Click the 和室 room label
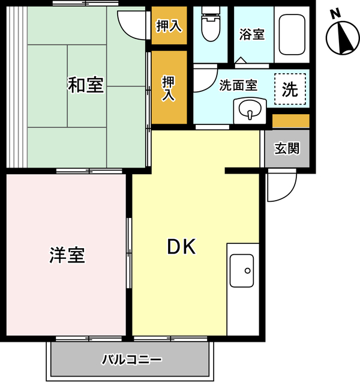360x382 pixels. pyautogui.click(x=86, y=85)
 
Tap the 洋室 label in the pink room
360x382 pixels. pyautogui.click(x=67, y=255)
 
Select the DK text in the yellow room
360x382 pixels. pyautogui.click(x=181, y=247)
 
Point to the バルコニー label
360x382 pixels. pyautogui.click(x=131, y=359)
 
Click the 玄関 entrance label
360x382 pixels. pyautogui.click(x=287, y=148)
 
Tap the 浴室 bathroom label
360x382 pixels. pyautogui.click(x=252, y=34)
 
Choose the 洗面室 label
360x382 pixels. pyautogui.click(x=238, y=85)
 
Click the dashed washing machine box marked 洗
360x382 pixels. pyautogui.click(x=290, y=89)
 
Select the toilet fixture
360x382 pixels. pyautogui.click(x=211, y=24)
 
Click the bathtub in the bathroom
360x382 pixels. pyautogui.click(x=292, y=35)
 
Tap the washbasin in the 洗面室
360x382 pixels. pyautogui.click(x=250, y=110)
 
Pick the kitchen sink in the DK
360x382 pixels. pyautogui.click(x=242, y=271)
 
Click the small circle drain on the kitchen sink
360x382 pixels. pyautogui.click(x=248, y=271)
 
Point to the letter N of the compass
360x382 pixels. pyautogui.click(x=336, y=14)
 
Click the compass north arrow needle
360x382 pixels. pyautogui.click(x=344, y=38)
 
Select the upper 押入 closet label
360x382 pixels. pyautogui.click(x=169, y=26)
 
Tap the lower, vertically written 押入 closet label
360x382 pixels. pyautogui.click(x=169, y=88)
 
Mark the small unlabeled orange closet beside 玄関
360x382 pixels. pyautogui.click(x=290, y=121)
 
